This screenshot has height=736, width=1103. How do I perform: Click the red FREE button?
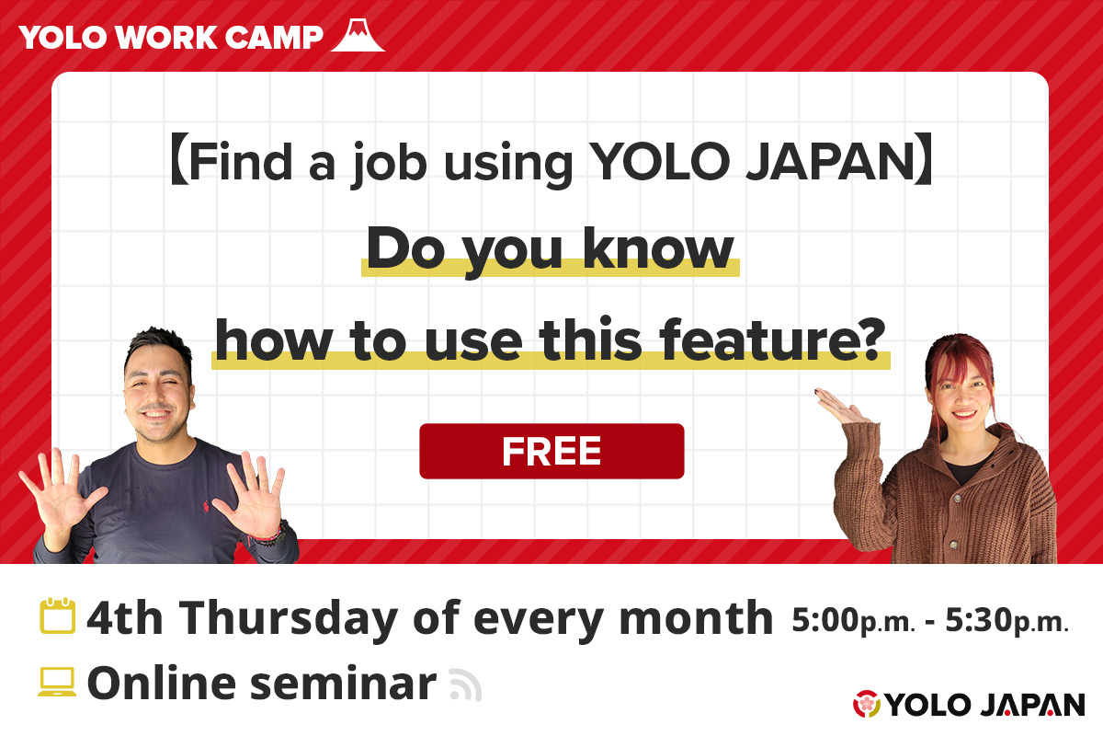551,451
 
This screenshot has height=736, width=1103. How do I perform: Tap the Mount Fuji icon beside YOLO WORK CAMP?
357,34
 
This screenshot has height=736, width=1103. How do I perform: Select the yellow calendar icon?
57,617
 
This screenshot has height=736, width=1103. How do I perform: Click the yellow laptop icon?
57,682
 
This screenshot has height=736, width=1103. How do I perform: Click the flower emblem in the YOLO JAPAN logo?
867,705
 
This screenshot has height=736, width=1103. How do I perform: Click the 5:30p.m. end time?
1007,621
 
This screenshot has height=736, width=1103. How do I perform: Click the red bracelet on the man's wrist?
266,535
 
